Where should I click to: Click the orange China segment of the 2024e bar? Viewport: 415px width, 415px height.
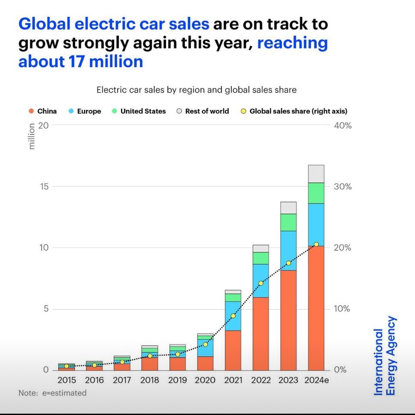pyautogui.click(x=316, y=308)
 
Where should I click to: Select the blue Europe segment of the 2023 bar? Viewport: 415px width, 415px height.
pyautogui.click(x=288, y=251)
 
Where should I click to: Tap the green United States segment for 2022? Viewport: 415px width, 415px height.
pyautogui.click(x=261, y=258)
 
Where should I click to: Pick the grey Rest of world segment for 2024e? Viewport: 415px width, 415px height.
pyautogui.click(x=316, y=174)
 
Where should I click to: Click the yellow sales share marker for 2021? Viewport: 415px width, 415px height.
pyautogui.click(x=233, y=316)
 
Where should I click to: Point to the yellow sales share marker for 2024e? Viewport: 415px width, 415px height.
pyautogui.click(x=316, y=244)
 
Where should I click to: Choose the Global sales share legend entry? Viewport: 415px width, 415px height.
pyautogui.click(x=294, y=111)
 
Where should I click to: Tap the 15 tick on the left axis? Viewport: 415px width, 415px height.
pyautogui.click(x=45, y=187)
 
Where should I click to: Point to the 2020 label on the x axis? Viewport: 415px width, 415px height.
pyautogui.click(x=205, y=380)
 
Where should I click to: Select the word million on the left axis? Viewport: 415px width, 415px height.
pyautogui.click(x=32, y=136)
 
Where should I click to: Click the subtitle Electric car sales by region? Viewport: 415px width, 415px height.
pyautogui.click(x=196, y=90)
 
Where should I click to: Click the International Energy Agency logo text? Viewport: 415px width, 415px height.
pyautogui.click(x=384, y=356)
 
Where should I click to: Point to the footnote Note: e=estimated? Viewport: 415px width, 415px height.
pyautogui.click(x=52, y=393)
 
